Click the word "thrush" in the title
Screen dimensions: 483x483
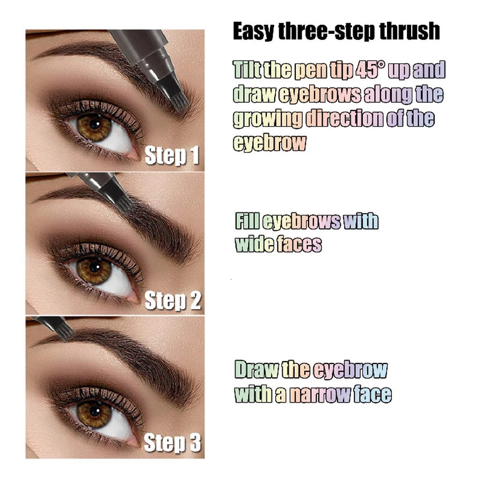[x=409, y=32]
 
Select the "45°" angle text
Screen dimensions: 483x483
[x=367, y=70]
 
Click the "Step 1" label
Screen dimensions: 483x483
[x=172, y=156]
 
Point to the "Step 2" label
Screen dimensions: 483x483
[x=172, y=301]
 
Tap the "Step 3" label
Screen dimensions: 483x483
[x=172, y=443]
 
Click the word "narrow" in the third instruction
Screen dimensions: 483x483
[x=320, y=394]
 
